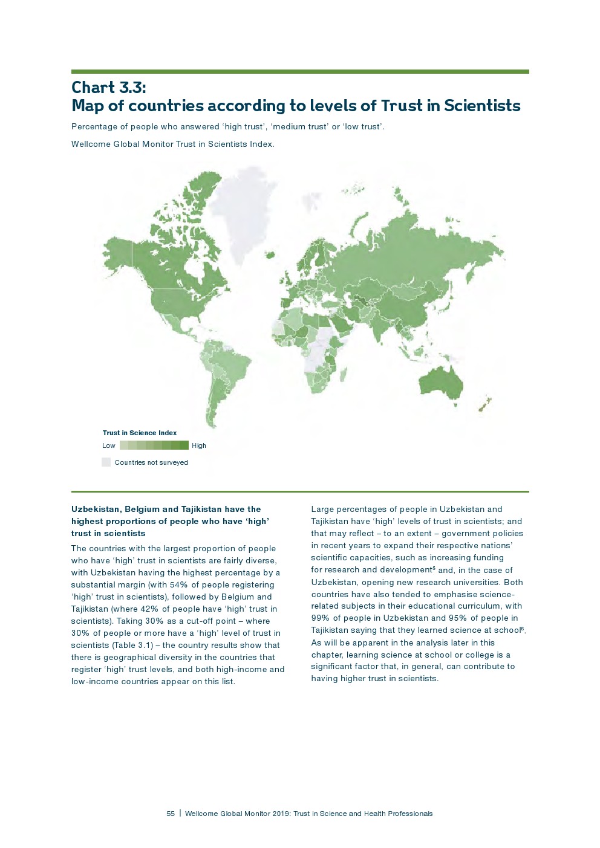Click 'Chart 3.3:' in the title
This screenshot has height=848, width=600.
[108, 88]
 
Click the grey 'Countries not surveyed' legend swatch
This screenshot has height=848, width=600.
[106, 462]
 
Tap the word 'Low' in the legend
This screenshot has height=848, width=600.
[109, 445]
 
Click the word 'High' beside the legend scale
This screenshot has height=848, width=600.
[199, 445]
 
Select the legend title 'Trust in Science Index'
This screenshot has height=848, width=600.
[140, 433]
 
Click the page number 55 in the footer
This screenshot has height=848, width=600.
[171, 814]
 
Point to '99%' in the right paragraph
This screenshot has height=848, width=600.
[321, 618]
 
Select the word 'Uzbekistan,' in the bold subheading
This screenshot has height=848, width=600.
[97, 510]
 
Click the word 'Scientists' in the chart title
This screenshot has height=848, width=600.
[481, 106]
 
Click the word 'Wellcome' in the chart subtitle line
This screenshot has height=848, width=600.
[89, 144]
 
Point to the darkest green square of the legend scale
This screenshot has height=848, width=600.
[184, 445]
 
